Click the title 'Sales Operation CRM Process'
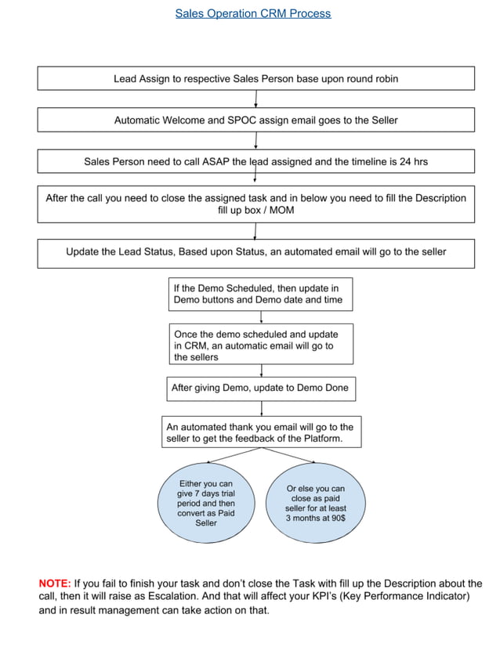[252, 13]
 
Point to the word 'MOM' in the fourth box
[281, 211]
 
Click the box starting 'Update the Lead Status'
[255, 252]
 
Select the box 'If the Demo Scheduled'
[259, 294]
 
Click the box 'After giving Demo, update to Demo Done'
[259, 388]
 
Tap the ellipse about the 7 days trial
[206, 503]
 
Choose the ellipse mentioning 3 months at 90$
[315, 503]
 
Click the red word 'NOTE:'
[55, 584]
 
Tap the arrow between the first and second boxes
[256, 99]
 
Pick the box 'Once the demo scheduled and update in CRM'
[259, 345]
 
